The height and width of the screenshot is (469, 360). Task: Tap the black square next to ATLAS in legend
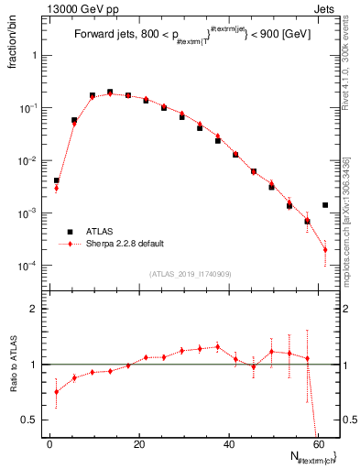point(68,233)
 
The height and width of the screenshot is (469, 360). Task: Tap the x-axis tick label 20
point(139,443)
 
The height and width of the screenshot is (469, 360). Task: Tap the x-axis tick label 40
point(229,443)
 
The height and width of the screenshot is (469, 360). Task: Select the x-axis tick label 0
point(50,443)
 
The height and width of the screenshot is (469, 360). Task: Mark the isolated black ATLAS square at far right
point(325,205)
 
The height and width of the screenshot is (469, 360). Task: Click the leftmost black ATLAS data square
point(56,181)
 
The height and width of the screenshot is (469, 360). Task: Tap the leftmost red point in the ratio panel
point(56,392)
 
